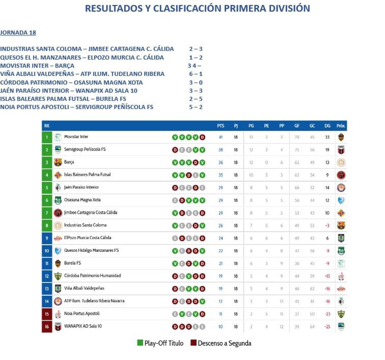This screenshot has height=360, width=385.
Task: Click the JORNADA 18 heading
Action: click(18, 32)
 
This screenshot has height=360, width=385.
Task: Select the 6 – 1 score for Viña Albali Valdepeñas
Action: click(196, 74)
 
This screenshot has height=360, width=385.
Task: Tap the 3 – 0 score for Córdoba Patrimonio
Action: click(196, 82)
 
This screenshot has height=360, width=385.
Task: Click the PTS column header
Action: click(221, 126)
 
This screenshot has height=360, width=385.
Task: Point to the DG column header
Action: click(327, 126)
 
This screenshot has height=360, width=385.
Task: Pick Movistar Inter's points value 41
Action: click(221, 137)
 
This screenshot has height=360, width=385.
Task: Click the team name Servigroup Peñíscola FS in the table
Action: click(85, 149)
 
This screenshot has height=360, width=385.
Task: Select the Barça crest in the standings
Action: click(58, 162)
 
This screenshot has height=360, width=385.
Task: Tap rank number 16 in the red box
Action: click(47, 327)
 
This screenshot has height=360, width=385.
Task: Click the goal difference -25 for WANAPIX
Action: click(327, 327)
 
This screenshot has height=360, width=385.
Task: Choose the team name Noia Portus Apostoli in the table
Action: click(82, 314)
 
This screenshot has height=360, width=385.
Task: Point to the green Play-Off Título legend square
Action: click(140, 343)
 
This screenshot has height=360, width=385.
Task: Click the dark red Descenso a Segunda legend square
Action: click(193, 343)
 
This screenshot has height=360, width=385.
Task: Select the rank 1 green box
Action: click(47, 137)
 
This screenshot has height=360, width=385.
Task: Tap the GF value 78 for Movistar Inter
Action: click(297, 137)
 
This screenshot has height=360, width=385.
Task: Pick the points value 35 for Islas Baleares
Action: click(221, 175)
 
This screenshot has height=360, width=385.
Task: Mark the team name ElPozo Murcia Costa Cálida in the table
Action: click(88, 238)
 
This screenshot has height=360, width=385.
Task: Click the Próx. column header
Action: click(341, 126)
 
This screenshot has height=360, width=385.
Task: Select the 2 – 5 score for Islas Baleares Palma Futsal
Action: click(196, 99)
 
